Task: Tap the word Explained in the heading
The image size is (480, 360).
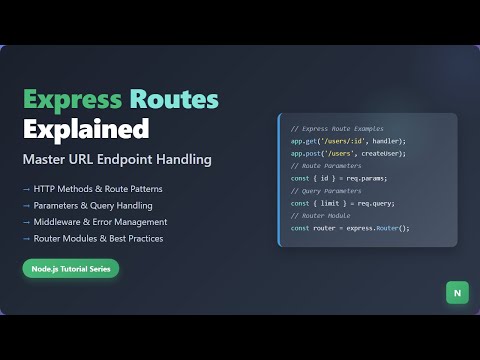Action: (x=86, y=129)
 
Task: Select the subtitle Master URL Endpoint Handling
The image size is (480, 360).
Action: (x=117, y=159)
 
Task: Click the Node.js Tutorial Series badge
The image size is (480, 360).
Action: (x=71, y=268)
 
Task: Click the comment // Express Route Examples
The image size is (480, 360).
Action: (x=337, y=129)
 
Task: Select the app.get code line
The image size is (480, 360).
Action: (x=349, y=141)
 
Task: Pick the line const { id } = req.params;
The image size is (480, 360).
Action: (x=338, y=178)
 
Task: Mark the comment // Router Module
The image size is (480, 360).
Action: (x=322, y=216)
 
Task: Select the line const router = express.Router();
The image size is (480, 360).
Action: (x=350, y=228)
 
